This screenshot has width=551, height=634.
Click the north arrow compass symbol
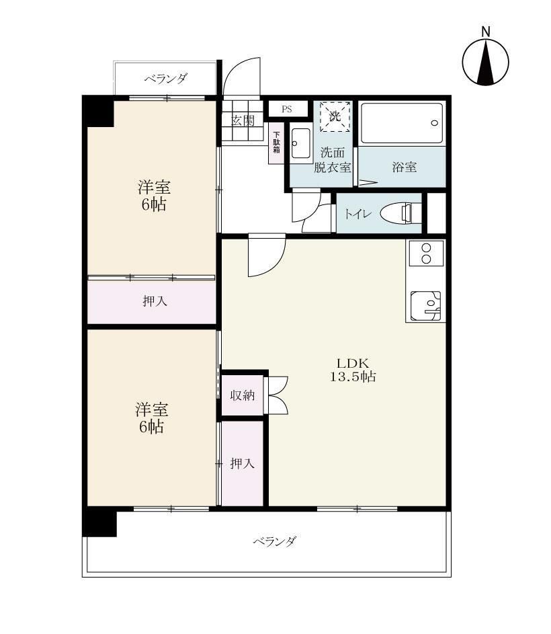(x=486, y=62)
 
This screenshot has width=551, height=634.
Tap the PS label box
(x=287, y=109)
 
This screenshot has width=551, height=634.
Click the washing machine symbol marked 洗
(x=335, y=116)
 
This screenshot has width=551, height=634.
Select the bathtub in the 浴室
(x=402, y=123)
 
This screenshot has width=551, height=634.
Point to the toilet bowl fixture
(x=396, y=213)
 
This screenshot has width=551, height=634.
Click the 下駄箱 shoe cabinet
(x=277, y=143)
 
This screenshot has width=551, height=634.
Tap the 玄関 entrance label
(x=243, y=120)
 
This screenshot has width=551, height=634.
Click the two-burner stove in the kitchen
(x=426, y=253)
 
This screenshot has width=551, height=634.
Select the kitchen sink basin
(x=425, y=306)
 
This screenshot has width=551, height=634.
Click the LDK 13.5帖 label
(x=353, y=370)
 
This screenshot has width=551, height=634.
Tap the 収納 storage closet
(x=243, y=395)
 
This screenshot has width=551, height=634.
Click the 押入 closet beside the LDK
(x=242, y=463)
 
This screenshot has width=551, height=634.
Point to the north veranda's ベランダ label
(x=166, y=79)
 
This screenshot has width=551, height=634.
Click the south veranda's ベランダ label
(x=275, y=541)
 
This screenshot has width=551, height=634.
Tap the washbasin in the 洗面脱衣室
(x=301, y=144)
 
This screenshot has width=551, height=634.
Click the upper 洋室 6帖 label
(x=154, y=196)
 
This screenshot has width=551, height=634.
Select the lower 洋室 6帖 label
(x=152, y=418)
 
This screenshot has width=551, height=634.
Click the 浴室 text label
(x=405, y=167)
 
